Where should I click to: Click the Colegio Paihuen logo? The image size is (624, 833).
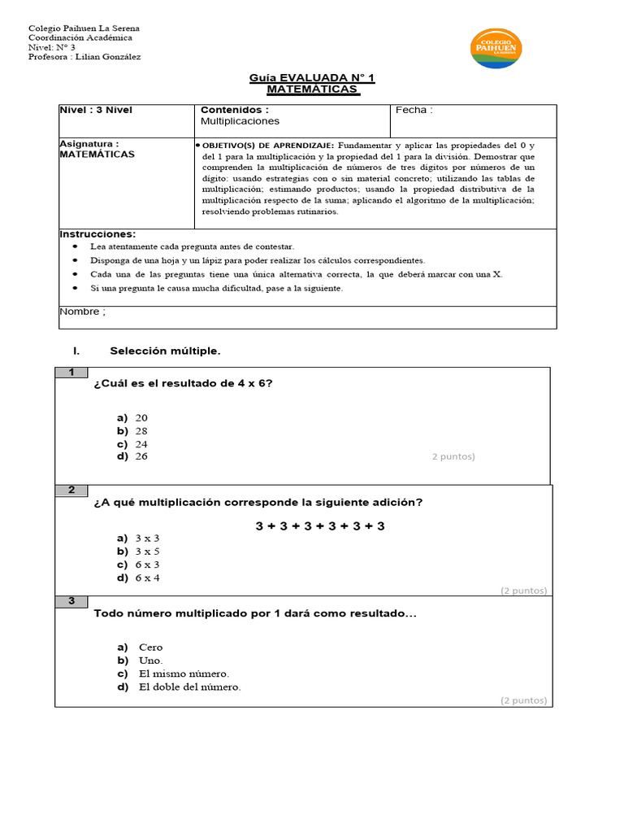(x=496, y=48)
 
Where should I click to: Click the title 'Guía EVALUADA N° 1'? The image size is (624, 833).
(x=312, y=78)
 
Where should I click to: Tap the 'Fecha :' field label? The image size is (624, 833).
(x=414, y=110)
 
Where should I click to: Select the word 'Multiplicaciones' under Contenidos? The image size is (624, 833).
(x=240, y=121)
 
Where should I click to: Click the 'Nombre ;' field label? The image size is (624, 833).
(x=83, y=312)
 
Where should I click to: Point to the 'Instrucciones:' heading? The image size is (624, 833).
(x=97, y=233)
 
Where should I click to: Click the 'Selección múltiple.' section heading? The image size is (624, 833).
(x=165, y=351)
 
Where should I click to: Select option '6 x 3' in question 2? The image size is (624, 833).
(x=147, y=565)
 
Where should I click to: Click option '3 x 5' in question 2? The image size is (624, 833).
(x=147, y=552)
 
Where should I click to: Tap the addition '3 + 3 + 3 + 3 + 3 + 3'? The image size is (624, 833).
(x=320, y=526)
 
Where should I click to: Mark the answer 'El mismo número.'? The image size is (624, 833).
(x=184, y=674)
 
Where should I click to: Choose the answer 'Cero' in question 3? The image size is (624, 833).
(x=150, y=648)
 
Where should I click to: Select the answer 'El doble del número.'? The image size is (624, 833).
(x=189, y=687)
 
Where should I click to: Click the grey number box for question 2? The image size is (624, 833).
(x=71, y=490)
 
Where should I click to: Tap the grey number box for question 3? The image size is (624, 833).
(x=71, y=601)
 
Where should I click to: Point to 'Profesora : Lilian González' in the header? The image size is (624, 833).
(x=84, y=57)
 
